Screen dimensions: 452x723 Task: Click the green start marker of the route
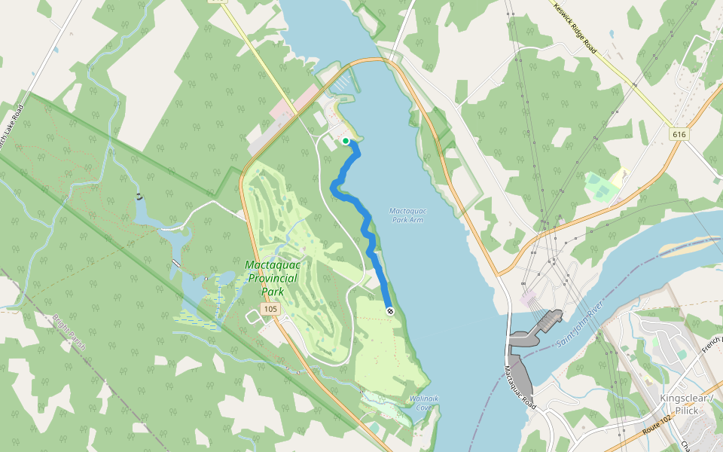click(x=346, y=141)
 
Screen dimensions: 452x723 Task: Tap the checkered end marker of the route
click(x=389, y=311)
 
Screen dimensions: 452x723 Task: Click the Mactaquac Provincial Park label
click(x=271, y=278)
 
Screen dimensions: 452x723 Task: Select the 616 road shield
click(x=680, y=133)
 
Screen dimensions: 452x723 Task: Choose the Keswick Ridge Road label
click(x=575, y=29)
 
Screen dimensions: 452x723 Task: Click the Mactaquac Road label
click(x=519, y=386)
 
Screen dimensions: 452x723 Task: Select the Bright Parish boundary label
click(x=69, y=332)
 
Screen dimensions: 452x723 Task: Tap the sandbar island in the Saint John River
click(x=687, y=247)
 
